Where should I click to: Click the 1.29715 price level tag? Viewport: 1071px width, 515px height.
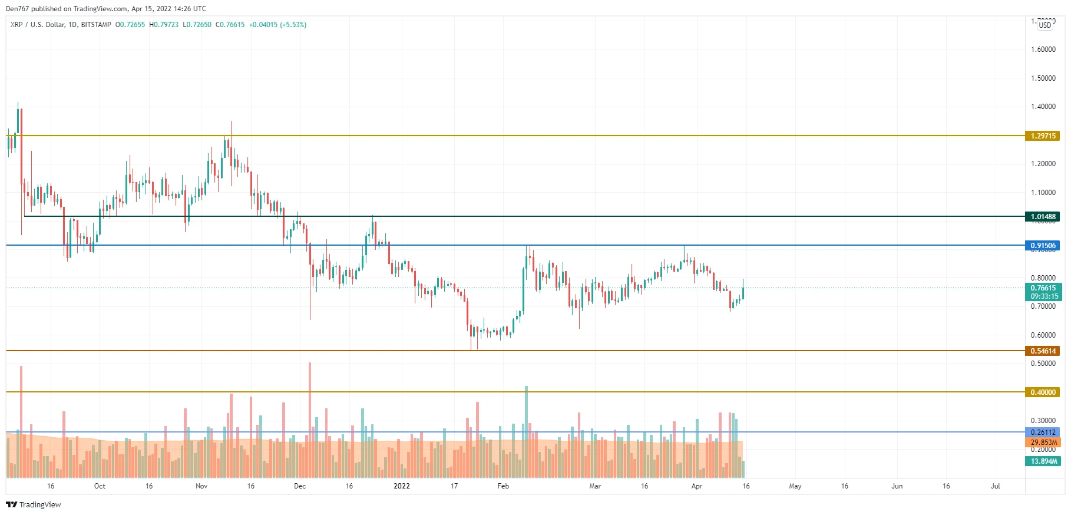point(1042,136)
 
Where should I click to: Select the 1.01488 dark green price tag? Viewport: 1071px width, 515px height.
point(1042,217)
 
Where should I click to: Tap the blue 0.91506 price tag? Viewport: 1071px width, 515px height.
point(1042,246)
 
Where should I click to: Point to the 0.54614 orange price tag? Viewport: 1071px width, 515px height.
point(1042,351)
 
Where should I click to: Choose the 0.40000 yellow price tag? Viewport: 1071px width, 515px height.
point(1042,392)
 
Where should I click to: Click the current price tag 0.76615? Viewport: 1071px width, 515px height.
point(1042,288)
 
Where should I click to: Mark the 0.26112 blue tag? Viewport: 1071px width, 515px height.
point(1042,433)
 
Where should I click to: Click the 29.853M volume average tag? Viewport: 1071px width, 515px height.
point(1042,443)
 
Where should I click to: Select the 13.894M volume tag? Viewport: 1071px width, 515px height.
point(1042,461)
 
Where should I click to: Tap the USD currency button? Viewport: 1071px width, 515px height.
point(1045,25)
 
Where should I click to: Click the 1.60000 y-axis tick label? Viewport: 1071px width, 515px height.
point(1043,49)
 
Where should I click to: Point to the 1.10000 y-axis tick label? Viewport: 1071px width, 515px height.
point(1043,193)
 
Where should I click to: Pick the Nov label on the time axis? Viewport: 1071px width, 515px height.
point(201,486)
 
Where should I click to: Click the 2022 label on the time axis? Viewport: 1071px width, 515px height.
point(402,486)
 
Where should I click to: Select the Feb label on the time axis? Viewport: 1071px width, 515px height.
point(503,486)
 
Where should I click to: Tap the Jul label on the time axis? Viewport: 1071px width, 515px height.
point(996,486)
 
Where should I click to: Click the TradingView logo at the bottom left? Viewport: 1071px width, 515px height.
point(34,504)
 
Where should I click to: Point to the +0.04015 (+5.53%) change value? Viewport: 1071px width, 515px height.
point(277,25)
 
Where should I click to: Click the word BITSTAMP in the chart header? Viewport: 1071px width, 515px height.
point(96,25)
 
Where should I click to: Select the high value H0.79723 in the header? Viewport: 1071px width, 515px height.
point(164,25)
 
